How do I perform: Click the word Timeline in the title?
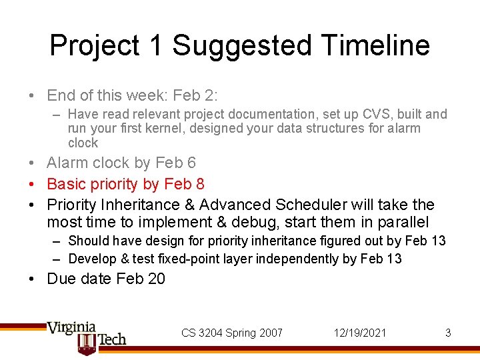[x=375, y=45]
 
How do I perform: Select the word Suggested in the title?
[x=243, y=45]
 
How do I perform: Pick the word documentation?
[x=269, y=114]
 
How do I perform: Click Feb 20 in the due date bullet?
[x=141, y=279]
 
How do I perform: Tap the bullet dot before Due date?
[x=33, y=279]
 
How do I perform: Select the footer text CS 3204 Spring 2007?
[x=232, y=333]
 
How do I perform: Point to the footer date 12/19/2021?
[x=360, y=333]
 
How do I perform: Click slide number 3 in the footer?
[x=448, y=333]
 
